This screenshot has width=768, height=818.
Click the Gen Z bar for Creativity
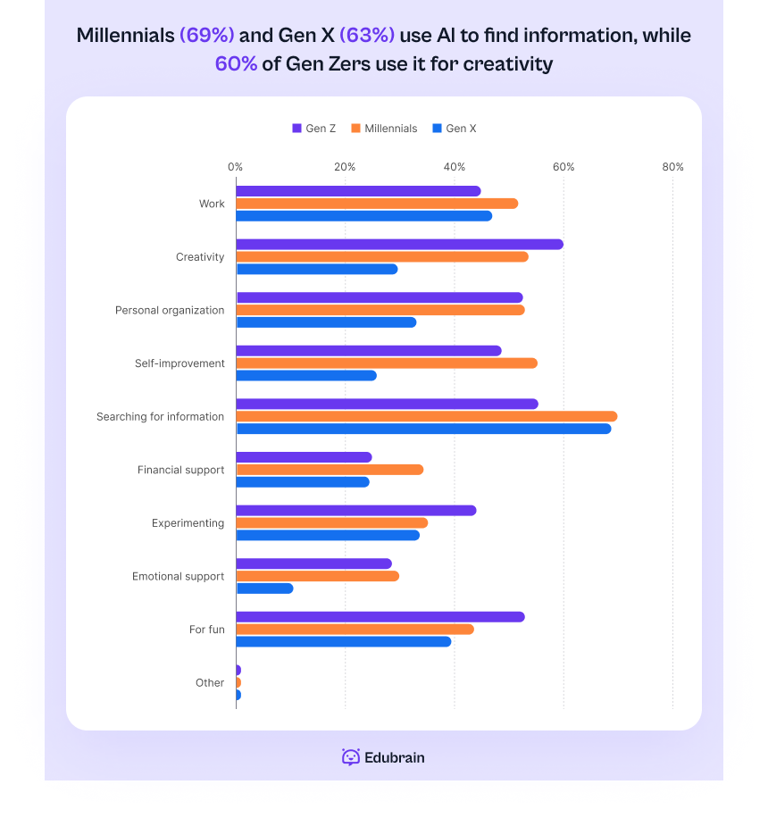pyautogui.click(x=399, y=245)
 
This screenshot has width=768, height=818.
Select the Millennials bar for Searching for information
pyautogui.click(x=426, y=416)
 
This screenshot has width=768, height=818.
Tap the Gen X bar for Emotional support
pyautogui.click(x=264, y=588)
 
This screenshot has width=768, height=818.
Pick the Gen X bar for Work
pyautogui.click(x=363, y=216)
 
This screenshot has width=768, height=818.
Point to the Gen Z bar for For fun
pyautogui.click(x=380, y=617)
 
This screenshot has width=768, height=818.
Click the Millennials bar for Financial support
pyautogui.click(x=330, y=470)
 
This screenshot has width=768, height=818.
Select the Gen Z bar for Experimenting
pyautogui.click(x=355, y=511)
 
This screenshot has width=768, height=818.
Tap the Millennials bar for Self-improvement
pyautogui.click(x=386, y=363)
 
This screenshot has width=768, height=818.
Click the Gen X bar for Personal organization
pyautogui.click(x=326, y=322)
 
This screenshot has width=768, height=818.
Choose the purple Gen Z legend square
pyautogui.click(x=297, y=129)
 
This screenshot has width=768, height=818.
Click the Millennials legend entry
pyautogui.click(x=384, y=129)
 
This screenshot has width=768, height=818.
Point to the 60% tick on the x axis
pyautogui.click(x=563, y=167)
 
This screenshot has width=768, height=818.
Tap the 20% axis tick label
pyautogui.click(x=345, y=167)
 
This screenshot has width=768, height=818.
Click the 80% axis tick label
pyautogui.click(x=672, y=167)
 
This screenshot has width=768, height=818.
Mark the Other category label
pyautogui.click(x=210, y=683)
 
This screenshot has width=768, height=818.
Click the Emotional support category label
pyautogui.click(x=178, y=577)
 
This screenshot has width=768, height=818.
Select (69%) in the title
pyautogui.click(x=207, y=36)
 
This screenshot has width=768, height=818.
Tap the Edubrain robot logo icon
pyautogui.click(x=351, y=757)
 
